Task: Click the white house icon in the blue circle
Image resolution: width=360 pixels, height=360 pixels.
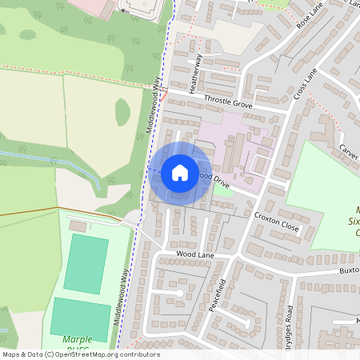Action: pyautogui.click(x=179, y=171)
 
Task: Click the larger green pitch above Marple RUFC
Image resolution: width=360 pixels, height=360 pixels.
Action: pyautogui.click(x=86, y=264)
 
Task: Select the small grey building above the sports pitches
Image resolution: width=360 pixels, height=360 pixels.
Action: pyautogui.click(x=78, y=226)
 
